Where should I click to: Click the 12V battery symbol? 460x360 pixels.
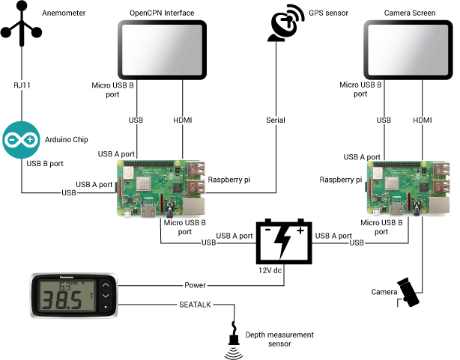[283, 242]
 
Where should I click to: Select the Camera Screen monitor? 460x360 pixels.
[408, 49]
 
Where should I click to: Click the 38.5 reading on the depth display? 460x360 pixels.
[63, 302]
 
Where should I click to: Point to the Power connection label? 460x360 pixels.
[196, 285]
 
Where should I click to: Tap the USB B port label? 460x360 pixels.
[43, 163]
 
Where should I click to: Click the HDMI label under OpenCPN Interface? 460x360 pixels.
[182, 120]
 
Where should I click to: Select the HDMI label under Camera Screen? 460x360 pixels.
[423, 120]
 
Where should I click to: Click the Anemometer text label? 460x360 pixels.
[64, 12]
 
